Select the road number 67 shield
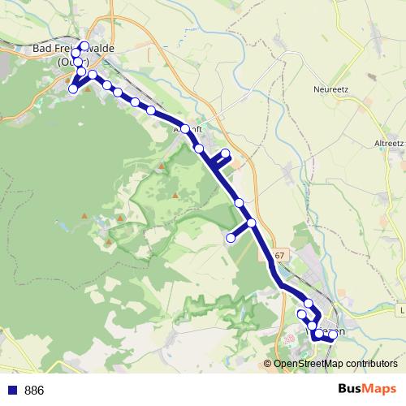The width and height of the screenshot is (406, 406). coord(280,256)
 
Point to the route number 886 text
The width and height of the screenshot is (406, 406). coord(34,391)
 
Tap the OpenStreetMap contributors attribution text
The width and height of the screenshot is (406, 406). coord(335,363)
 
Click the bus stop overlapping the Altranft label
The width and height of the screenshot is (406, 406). coord(185,128)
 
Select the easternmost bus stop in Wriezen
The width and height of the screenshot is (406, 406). coord(333,335)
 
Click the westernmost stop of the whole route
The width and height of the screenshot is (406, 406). coord(73,89)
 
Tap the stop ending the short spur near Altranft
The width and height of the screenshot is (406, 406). coord(226,154)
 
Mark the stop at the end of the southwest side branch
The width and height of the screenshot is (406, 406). coord(231,238)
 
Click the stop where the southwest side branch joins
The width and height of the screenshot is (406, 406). coord(251,222)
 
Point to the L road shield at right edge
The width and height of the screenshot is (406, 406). coord(402,309)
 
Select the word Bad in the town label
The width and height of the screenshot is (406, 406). coord(43,49)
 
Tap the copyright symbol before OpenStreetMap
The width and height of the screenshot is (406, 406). coord(269,363)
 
